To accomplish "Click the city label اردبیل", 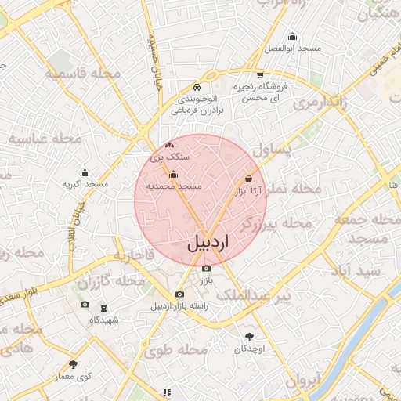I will tap(211, 243).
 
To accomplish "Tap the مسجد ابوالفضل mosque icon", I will tap(293, 36).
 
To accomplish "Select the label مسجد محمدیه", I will tap(180, 187).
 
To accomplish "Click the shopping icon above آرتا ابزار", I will tap(249, 179).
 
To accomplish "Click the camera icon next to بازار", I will tap(206, 269).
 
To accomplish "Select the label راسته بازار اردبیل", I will tap(179, 306).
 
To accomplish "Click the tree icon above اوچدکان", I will tap(249, 336).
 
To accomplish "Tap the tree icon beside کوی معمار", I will tap(74, 364).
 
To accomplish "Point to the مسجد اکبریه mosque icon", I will tap(85, 172).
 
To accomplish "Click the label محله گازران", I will tap(118, 280).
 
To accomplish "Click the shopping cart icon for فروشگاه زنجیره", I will tap(260, 75).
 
